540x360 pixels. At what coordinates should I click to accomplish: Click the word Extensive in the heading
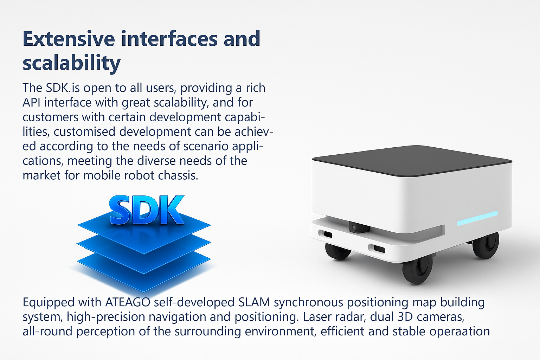pos(69,39)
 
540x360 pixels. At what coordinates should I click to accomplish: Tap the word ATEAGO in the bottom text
pos(128,302)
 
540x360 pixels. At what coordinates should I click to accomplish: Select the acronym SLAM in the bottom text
pos(254,302)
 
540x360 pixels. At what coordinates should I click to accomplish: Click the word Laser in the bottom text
pos(317,317)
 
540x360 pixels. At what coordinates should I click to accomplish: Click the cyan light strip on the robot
pos(477,218)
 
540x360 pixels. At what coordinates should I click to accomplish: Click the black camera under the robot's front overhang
pos(359,227)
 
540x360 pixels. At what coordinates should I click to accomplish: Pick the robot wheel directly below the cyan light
pos(486,245)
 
